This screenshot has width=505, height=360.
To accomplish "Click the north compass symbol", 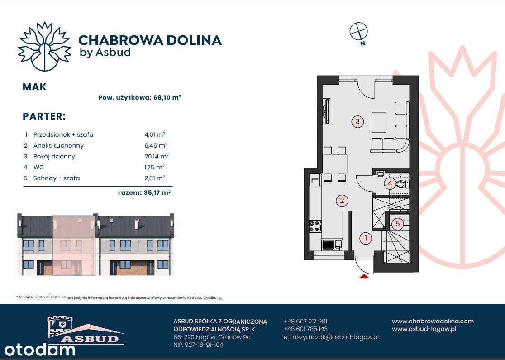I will pyautogui.click(x=359, y=32).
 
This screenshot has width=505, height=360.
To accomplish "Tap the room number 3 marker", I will pyautogui.click(x=357, y=121).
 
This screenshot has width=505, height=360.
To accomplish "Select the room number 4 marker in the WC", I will pyautogui.click(x=390, y=183).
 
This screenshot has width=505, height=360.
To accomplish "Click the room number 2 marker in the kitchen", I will pyautogui.click(x=343, y=200).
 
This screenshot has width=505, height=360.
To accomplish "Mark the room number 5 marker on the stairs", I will pyautogui.click(x=397, y=223).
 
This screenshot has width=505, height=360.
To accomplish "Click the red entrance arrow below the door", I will pyautogui.click(x=364, y=275).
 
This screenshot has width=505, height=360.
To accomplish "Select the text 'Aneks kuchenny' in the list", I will pyautogui.click(x=58, y=145).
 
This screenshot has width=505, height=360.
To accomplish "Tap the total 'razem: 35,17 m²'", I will pyautogui.click(x=144, y=192).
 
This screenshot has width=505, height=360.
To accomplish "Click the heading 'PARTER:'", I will pyautogui.click(x=44, y=116).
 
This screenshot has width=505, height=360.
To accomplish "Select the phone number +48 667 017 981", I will pyautogui.click(x=305, y=321).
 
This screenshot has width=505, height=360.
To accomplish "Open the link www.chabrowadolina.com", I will pyautogui.click(x=433, y=321).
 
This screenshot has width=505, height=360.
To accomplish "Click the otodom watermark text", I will pyautogui.click(x=40, y=349).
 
